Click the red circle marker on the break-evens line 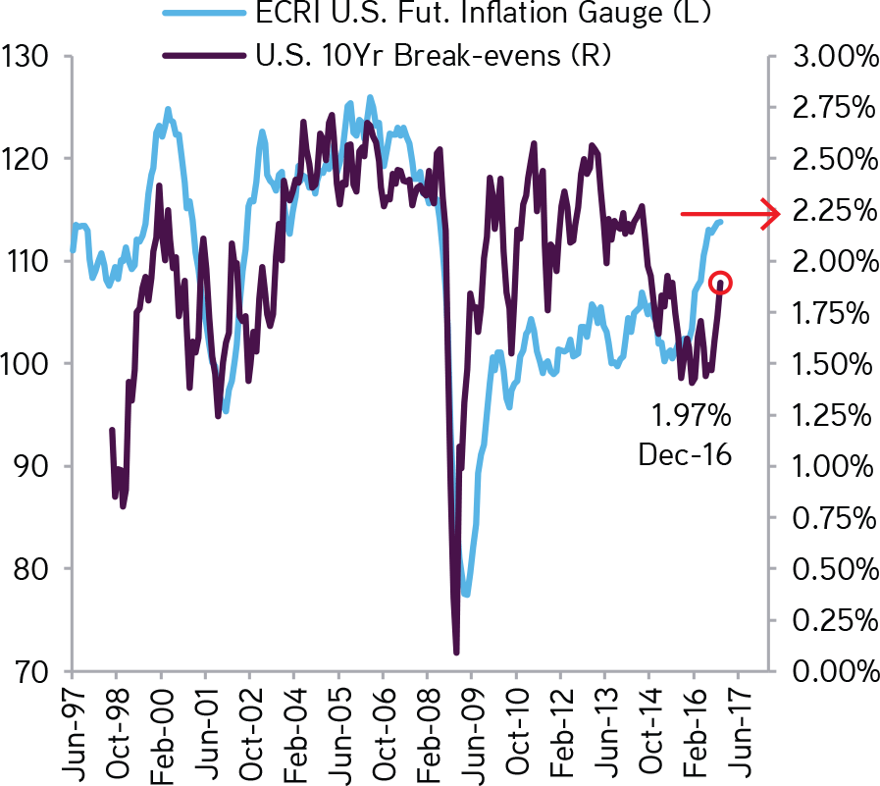721,283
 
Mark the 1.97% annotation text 692,417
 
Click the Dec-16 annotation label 685,455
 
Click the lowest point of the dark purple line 456,653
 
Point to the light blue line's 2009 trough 467,595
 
